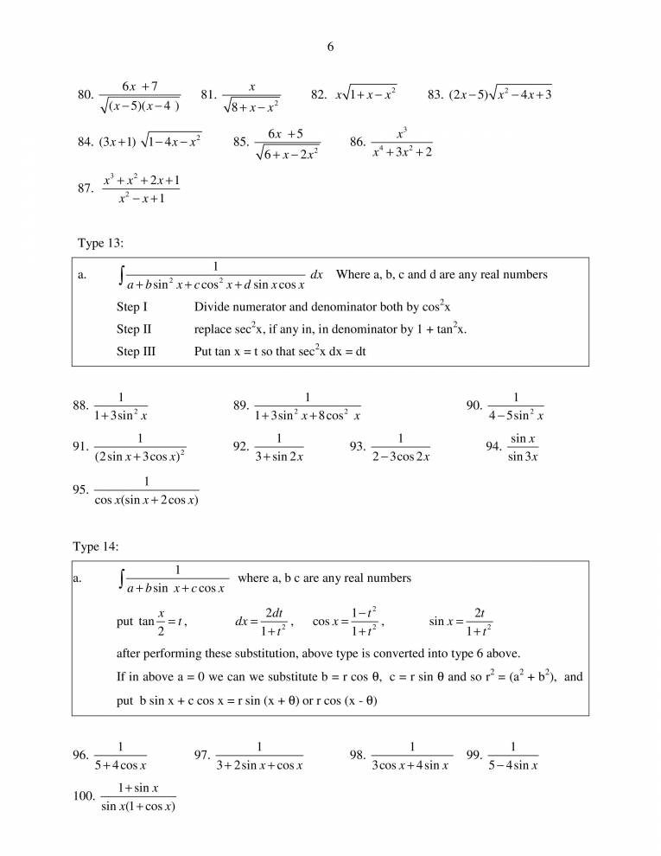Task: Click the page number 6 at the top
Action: point(331,47)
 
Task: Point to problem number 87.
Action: point(85,190)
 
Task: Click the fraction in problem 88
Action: point(121,406)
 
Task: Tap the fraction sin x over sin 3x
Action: point(524,447)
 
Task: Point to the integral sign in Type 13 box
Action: point(121,277)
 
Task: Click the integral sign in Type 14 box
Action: point(121,580)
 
